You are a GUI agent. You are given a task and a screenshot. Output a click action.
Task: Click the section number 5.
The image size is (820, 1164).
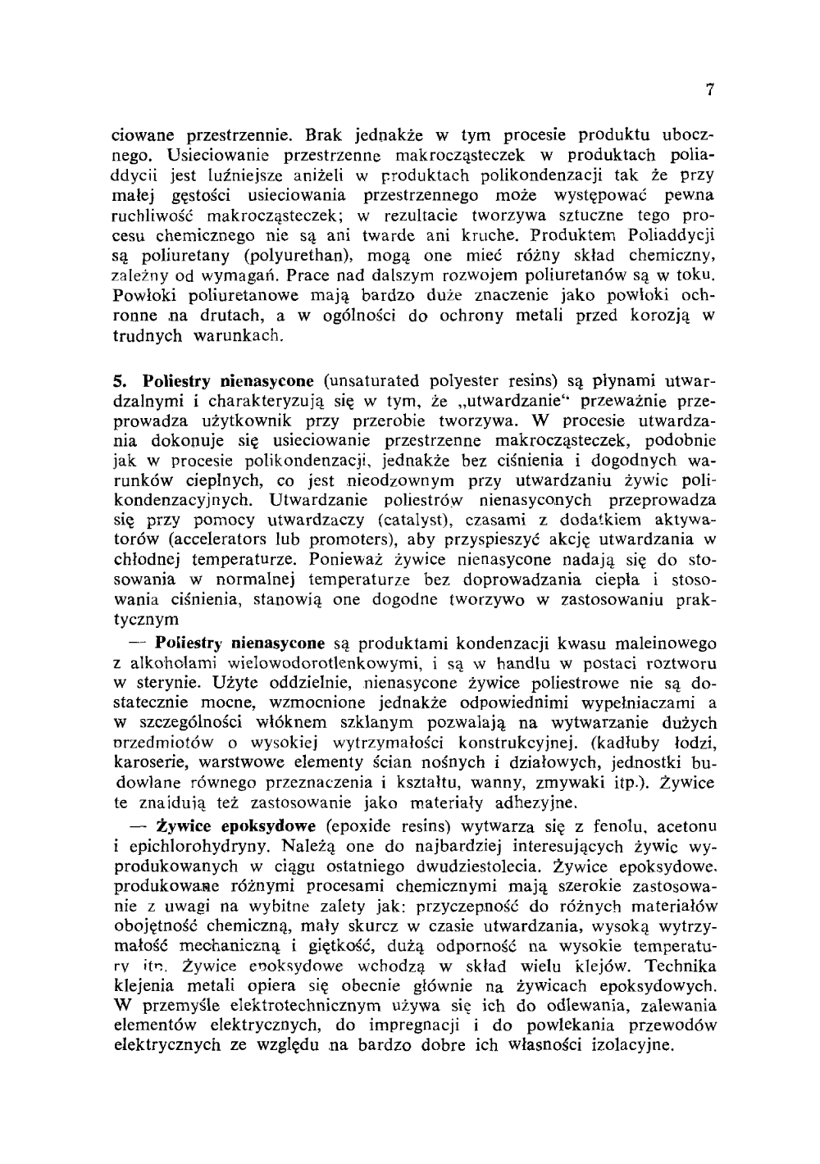(x=118, y=381)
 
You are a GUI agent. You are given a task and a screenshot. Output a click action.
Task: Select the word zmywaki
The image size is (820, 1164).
(x=572, y=781)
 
